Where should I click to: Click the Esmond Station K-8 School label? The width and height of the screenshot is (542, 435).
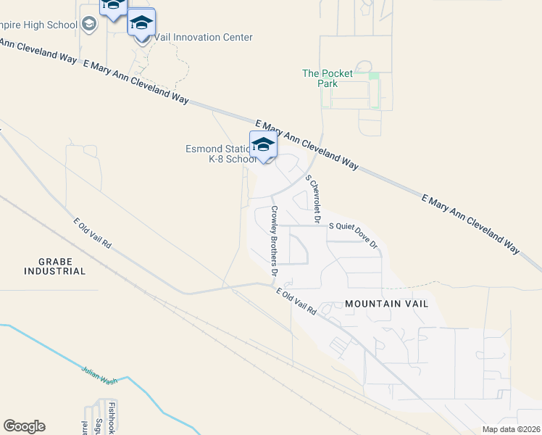tap(220, 154)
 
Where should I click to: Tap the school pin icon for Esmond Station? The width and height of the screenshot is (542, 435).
tap(263, 145)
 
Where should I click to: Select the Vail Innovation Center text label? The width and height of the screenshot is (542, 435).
tap(203, 38)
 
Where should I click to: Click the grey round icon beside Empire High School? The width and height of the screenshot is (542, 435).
tap(89, 25)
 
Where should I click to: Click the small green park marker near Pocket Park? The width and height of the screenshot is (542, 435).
tap(374, 76)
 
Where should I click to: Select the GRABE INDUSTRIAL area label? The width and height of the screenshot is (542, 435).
tap(55, 265)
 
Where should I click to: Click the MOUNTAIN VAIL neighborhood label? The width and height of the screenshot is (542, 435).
tap(386, 304)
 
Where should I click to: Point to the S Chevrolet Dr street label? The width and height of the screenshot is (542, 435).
tap(313, 197)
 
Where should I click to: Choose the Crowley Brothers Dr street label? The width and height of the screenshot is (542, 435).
tap(275, 241)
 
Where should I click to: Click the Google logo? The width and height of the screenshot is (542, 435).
tap(24, 426)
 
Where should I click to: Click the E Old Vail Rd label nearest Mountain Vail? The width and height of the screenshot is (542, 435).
tap(296, 301)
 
